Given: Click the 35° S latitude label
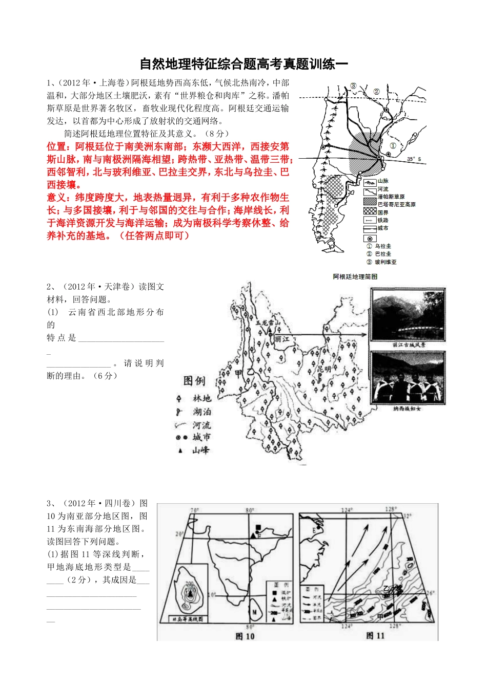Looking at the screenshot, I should [413, 159].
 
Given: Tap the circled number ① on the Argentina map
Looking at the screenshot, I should [393, 146].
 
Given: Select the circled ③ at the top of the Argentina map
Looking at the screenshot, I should [353, 86].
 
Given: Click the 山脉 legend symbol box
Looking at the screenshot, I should [370, 181].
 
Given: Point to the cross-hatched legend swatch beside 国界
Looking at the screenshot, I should [370, 211].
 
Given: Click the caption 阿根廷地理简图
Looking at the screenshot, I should [355, 276].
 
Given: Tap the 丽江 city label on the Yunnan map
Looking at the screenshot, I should [281, 339].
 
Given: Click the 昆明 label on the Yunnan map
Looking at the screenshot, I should [324, 369].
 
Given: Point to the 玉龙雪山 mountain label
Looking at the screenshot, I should [269, 322].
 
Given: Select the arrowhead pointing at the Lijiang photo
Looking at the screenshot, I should [364, 335].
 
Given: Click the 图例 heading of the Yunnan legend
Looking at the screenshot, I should [194, 381].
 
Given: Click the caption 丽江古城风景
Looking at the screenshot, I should [409, 345].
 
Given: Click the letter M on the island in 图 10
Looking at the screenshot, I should [254, 612].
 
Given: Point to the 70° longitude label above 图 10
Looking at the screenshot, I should [194, 510].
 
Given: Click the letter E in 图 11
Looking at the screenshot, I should [314, 530].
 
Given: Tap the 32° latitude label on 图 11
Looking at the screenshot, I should [408, 516].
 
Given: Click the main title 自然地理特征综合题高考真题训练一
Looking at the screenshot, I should [243, 64].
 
